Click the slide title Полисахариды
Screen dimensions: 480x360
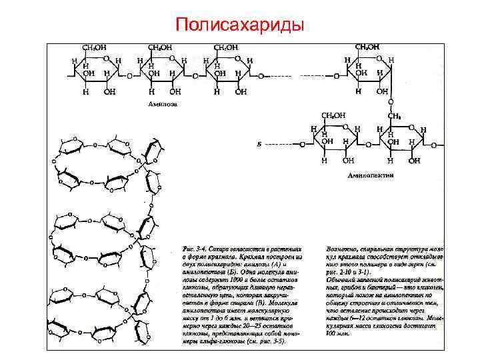click(x=239, y=24)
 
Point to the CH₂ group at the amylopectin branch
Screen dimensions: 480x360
click(x=394, y=115)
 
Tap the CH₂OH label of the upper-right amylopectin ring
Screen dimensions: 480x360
click(x=367, y=48)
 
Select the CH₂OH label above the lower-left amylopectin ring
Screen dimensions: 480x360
click(x=334, y=115)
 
